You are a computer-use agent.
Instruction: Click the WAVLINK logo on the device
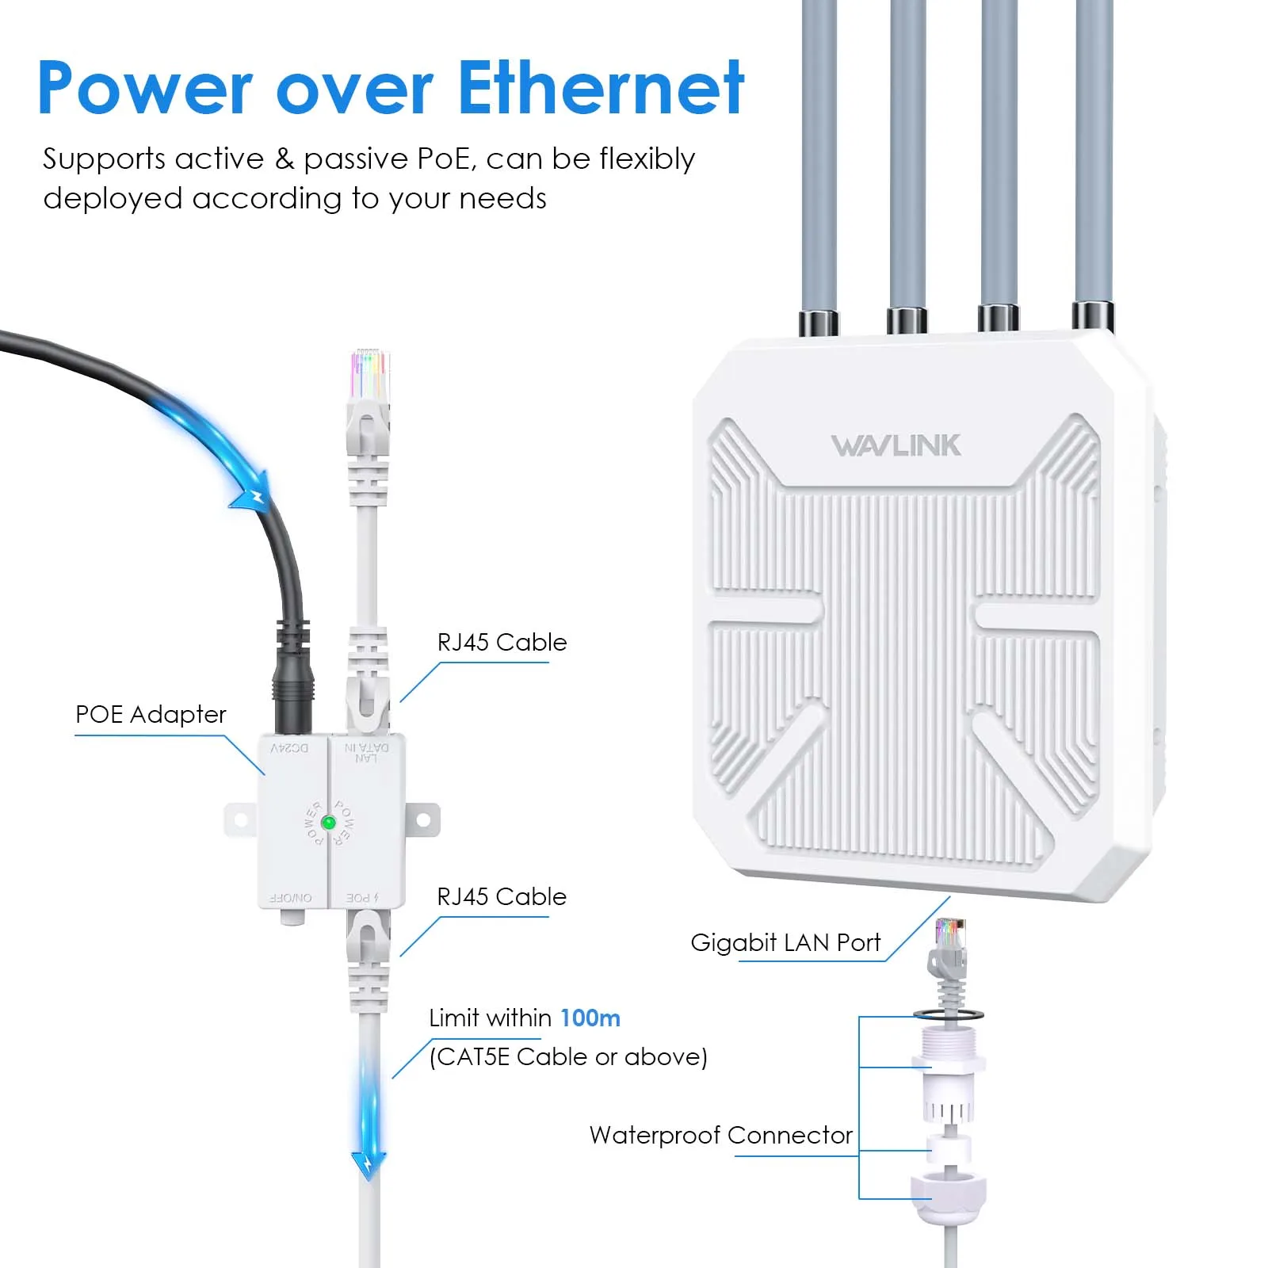tap(896, 445)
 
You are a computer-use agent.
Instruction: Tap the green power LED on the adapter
tap(328, 823)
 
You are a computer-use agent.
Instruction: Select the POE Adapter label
tap(151, 714)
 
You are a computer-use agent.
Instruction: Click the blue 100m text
tap(590, 1018)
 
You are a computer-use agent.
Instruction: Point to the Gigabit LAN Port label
tap(785, 942)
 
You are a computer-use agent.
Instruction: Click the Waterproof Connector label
tap(720, 1135)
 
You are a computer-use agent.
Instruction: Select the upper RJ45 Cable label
tap(502, 642)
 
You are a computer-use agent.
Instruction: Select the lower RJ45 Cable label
tap(502, 896)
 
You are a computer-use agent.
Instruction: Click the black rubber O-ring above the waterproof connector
tap(948, 1014)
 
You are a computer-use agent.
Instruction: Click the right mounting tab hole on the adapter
tap(425, 819)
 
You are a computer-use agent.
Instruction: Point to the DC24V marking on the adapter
tap(289, 748)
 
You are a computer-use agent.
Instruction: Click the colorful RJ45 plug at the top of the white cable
tap(369, 374)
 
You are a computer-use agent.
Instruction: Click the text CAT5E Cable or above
tap(567, 1056)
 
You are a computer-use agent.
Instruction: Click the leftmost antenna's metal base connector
tap(819, 321)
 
